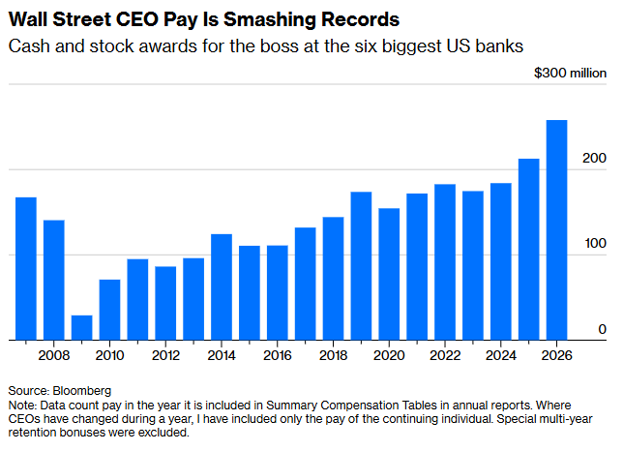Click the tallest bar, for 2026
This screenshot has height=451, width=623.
point(557,230)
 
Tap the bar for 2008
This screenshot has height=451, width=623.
point(54,281)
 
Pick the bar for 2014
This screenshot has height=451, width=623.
point(222,287)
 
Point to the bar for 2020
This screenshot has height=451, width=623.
point(389,274)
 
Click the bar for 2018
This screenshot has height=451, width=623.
point(334,279)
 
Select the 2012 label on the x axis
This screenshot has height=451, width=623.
point(165,355)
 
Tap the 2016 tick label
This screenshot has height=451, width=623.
point(278,355)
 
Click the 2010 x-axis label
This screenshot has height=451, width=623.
point(109,355)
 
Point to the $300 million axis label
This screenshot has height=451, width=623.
point(570,74)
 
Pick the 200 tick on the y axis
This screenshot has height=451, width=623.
point(595,159)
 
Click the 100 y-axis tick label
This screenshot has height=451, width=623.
point(595,244)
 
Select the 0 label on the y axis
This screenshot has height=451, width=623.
point(602,329)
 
